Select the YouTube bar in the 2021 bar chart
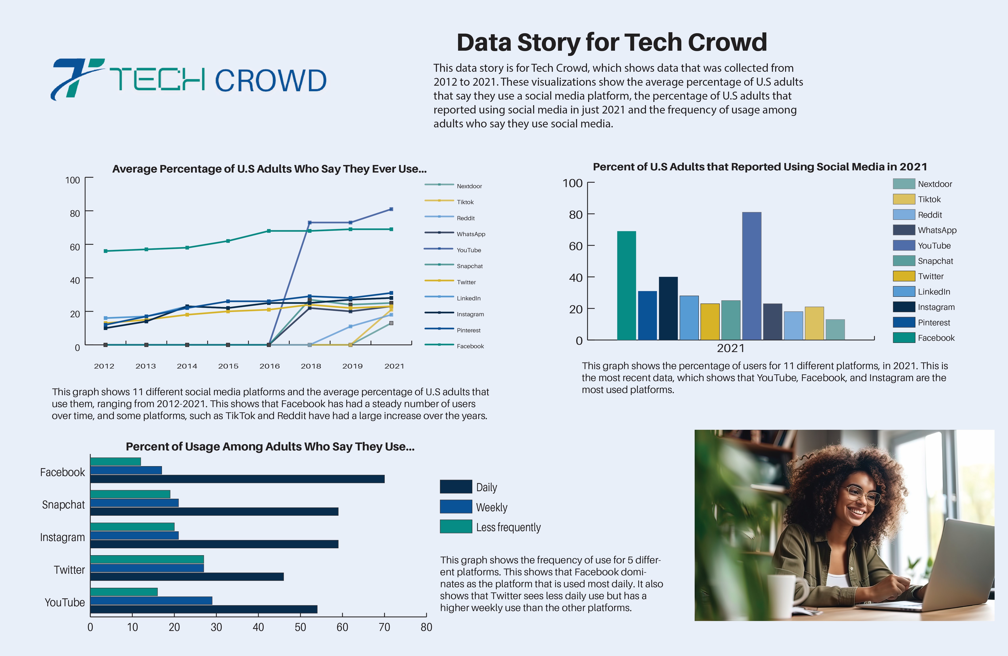751,276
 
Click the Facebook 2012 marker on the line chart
106,251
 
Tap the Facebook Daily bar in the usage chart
237,479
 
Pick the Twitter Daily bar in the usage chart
187,576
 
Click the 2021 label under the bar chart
730,348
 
